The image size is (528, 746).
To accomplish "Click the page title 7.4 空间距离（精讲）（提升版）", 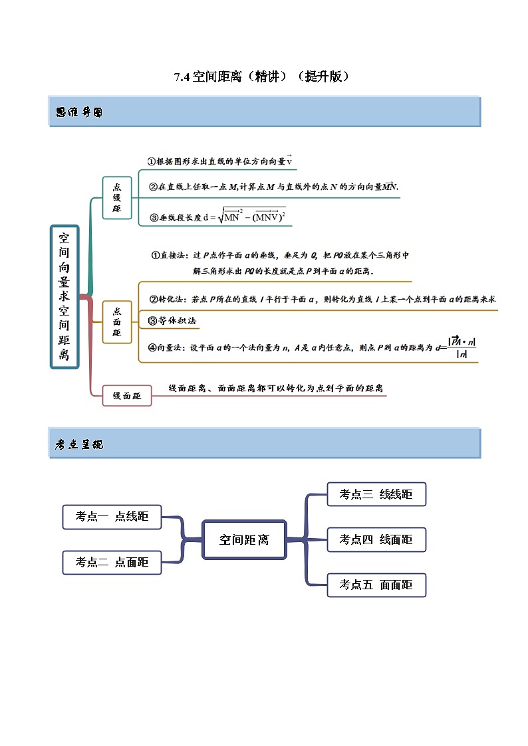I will [x=262, y=76].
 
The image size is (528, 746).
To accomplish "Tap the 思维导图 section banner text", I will [x=79, y=112].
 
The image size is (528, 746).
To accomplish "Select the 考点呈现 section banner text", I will [x=79, y=444].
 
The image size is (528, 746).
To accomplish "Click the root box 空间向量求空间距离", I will [x=65, y=296].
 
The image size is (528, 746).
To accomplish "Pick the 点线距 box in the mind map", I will [x=117, y=198].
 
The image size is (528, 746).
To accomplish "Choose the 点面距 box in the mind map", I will [x=117, y=322].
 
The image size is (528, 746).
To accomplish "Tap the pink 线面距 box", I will [x=126, y=396].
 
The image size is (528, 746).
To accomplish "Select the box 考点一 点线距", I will [x=112, y=516].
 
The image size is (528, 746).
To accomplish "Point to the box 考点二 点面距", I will [x=112, y=563].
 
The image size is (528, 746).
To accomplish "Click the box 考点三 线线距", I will [x=376, y=494].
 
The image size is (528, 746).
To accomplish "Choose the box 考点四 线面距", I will [x=376, y=539].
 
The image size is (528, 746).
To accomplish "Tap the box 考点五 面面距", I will [x=376, y=585].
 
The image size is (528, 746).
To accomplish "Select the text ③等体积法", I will [x=172, y=321].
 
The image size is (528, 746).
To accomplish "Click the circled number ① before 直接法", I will [x=156, y=255].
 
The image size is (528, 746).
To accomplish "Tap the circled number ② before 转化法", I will [x=152, y=299].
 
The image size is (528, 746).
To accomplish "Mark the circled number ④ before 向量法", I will [x=152, y=347].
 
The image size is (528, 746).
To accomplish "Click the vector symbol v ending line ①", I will [x=290, y=161].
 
